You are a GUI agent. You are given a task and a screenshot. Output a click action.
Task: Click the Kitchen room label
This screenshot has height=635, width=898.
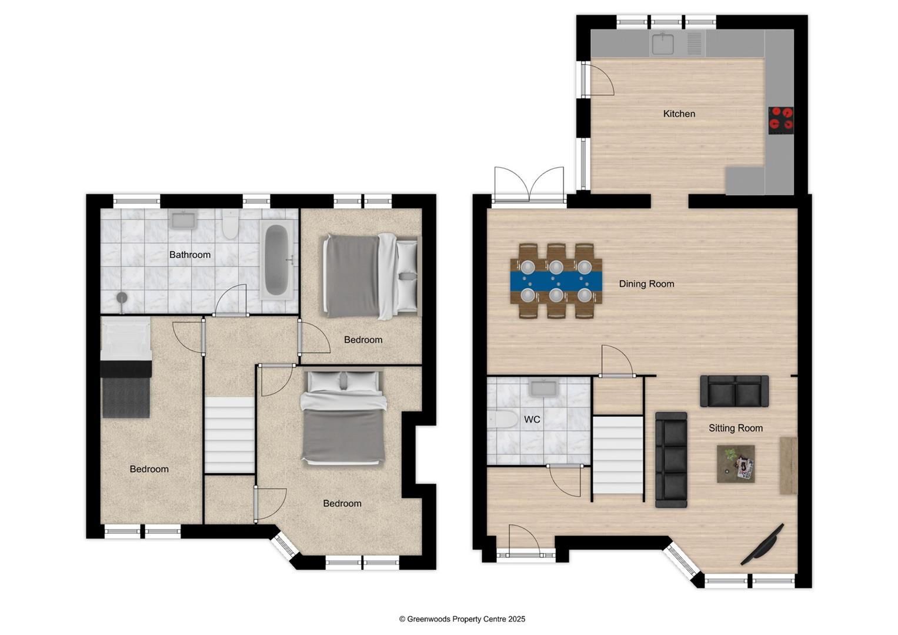[679, 113]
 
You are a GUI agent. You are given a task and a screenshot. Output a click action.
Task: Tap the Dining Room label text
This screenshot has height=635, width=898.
[646, 284]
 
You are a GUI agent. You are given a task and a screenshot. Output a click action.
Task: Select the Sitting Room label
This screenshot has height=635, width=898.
[735, 428]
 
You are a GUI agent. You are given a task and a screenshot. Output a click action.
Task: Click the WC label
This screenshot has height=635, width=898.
[532, 420]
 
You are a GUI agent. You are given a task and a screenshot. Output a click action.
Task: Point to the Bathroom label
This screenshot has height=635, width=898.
[189, 255]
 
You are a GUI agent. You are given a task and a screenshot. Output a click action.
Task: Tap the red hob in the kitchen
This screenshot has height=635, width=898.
[781, 118]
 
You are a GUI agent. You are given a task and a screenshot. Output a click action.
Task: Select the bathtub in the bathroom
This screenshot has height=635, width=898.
[276, 260]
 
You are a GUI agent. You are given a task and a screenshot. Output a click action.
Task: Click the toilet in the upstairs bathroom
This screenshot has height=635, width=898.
[229, 225]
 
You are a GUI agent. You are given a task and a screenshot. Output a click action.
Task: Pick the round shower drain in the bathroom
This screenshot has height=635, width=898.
[122, 298]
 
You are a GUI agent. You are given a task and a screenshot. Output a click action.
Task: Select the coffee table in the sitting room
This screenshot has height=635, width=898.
[735, 464]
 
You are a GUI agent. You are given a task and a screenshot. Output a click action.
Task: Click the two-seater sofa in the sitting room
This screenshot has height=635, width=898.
[734, 391]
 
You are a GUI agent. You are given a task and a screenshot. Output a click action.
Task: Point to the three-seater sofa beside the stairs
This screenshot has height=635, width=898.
[671, 460]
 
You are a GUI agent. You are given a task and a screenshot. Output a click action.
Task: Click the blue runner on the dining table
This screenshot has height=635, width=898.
[556, 280]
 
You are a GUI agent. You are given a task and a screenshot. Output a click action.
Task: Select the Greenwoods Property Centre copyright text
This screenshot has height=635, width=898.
[462, 619]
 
